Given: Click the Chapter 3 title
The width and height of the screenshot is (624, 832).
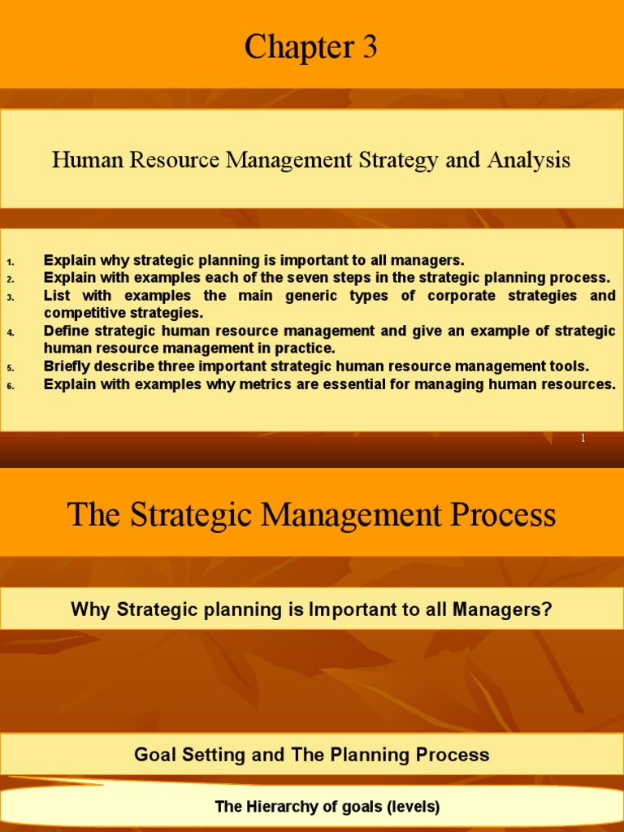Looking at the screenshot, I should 311,48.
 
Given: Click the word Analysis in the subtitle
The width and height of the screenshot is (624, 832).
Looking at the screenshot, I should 529,160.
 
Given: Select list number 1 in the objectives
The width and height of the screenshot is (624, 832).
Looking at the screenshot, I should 11,262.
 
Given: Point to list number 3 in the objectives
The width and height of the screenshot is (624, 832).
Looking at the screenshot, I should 11,297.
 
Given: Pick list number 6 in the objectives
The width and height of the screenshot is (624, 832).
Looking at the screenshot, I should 11,386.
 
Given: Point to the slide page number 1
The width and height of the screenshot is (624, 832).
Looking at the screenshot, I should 583,439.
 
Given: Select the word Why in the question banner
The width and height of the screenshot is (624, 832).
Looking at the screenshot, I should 90,609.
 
